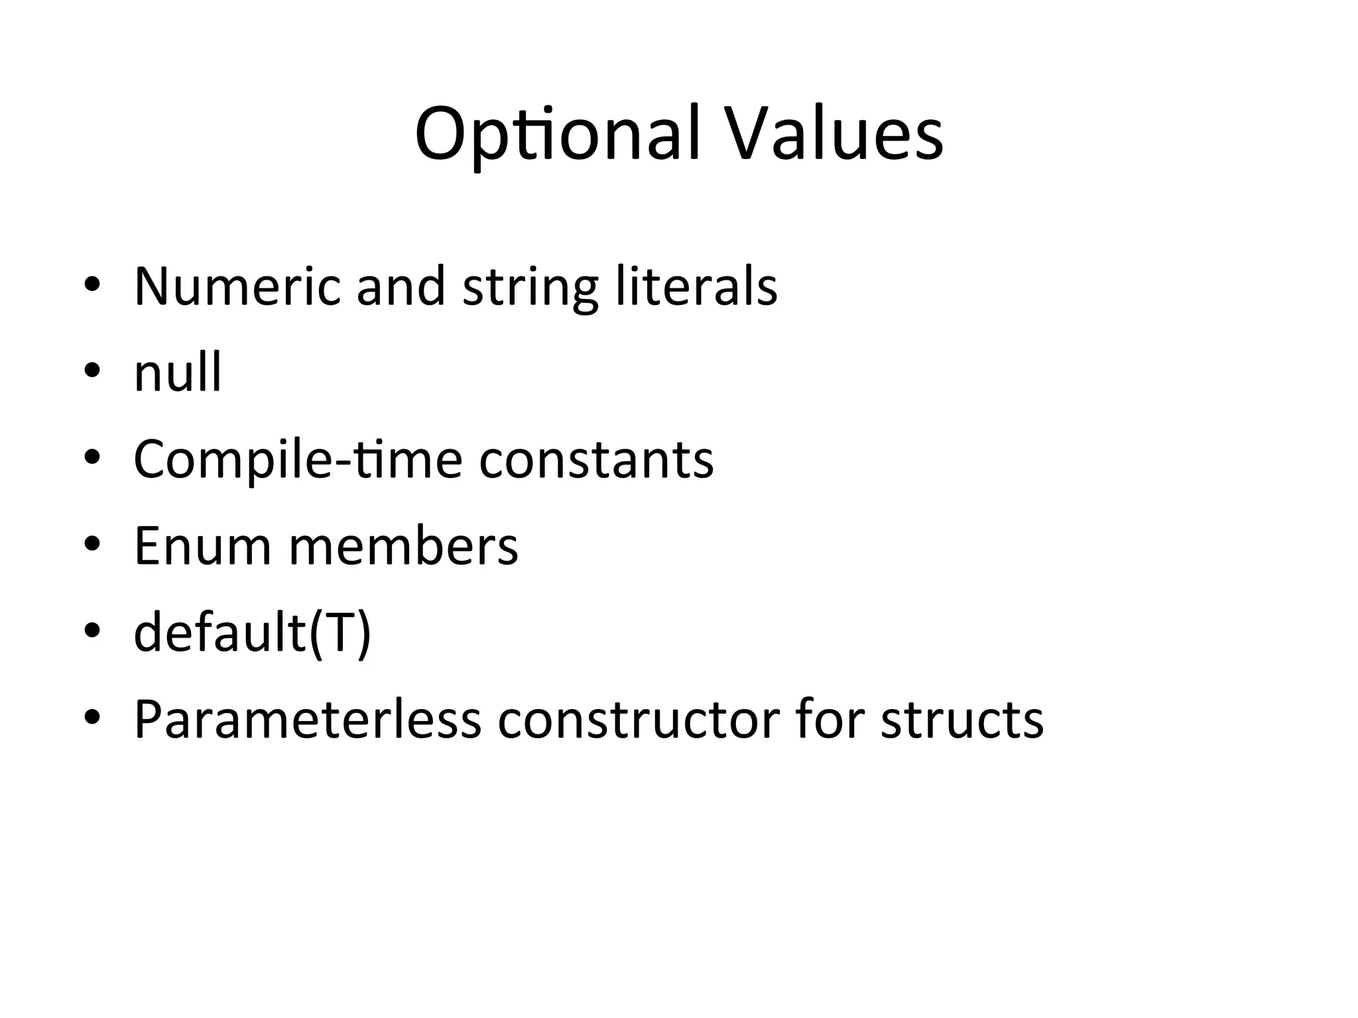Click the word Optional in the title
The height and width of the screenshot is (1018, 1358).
pyautogui.click(x=558, y=135)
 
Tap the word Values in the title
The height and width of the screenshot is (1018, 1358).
pyautogui.click(x=833, y=135)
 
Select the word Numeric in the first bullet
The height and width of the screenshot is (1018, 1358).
pyautogui.click(x=237, y=286)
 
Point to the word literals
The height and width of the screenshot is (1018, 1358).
pyautogui.click(x=696, y=286)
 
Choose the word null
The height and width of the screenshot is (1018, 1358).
pyautogui.click(x=178, y=372)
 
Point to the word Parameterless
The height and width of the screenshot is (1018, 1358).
pyautogui.click(x=307, y=720)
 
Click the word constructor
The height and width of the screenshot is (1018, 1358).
pyautogui.click(x=639, y=720)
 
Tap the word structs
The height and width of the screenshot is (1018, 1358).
pyautogui.click(x=962, y=720)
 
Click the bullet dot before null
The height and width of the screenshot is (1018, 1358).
pyautogui.click(x=92, y=370)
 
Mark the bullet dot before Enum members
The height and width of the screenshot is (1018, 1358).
pyautogui.click(x=92, y=544)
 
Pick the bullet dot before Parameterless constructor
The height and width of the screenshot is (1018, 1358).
pyautogui.click(x=92, y=718)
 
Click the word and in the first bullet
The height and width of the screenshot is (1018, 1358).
pyautogui.click(x=401, y=286)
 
